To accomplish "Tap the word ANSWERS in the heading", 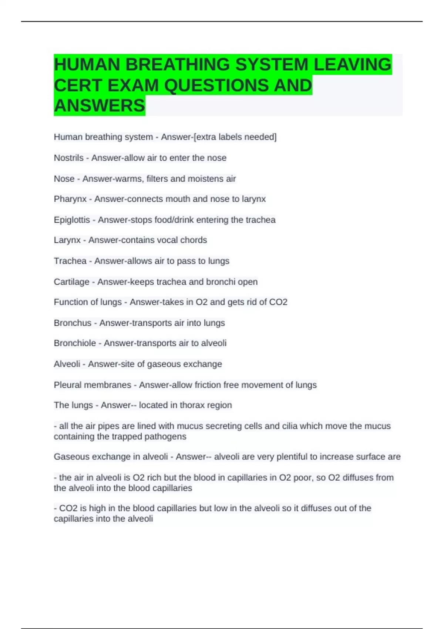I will [100, 105].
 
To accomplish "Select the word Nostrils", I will [69, 158].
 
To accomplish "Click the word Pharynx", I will [70, 199].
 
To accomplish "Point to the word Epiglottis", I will [72, 220].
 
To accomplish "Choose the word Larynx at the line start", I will [67, 240].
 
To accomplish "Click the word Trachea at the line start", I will [70, 261].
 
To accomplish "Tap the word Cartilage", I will [71, 282].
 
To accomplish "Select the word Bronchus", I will [73, 323].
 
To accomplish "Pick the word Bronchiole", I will [75, 343].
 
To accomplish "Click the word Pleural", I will [68, 385].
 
